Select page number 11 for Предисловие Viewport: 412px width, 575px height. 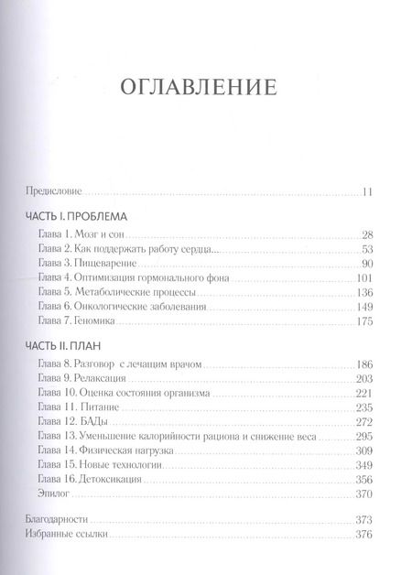pyautogui.click(x=366, y=192)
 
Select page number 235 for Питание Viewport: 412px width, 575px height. pyautogui.click(x=363, y=407)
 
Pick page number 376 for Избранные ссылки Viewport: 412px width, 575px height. pyautogui.click(x=363, y=535)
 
